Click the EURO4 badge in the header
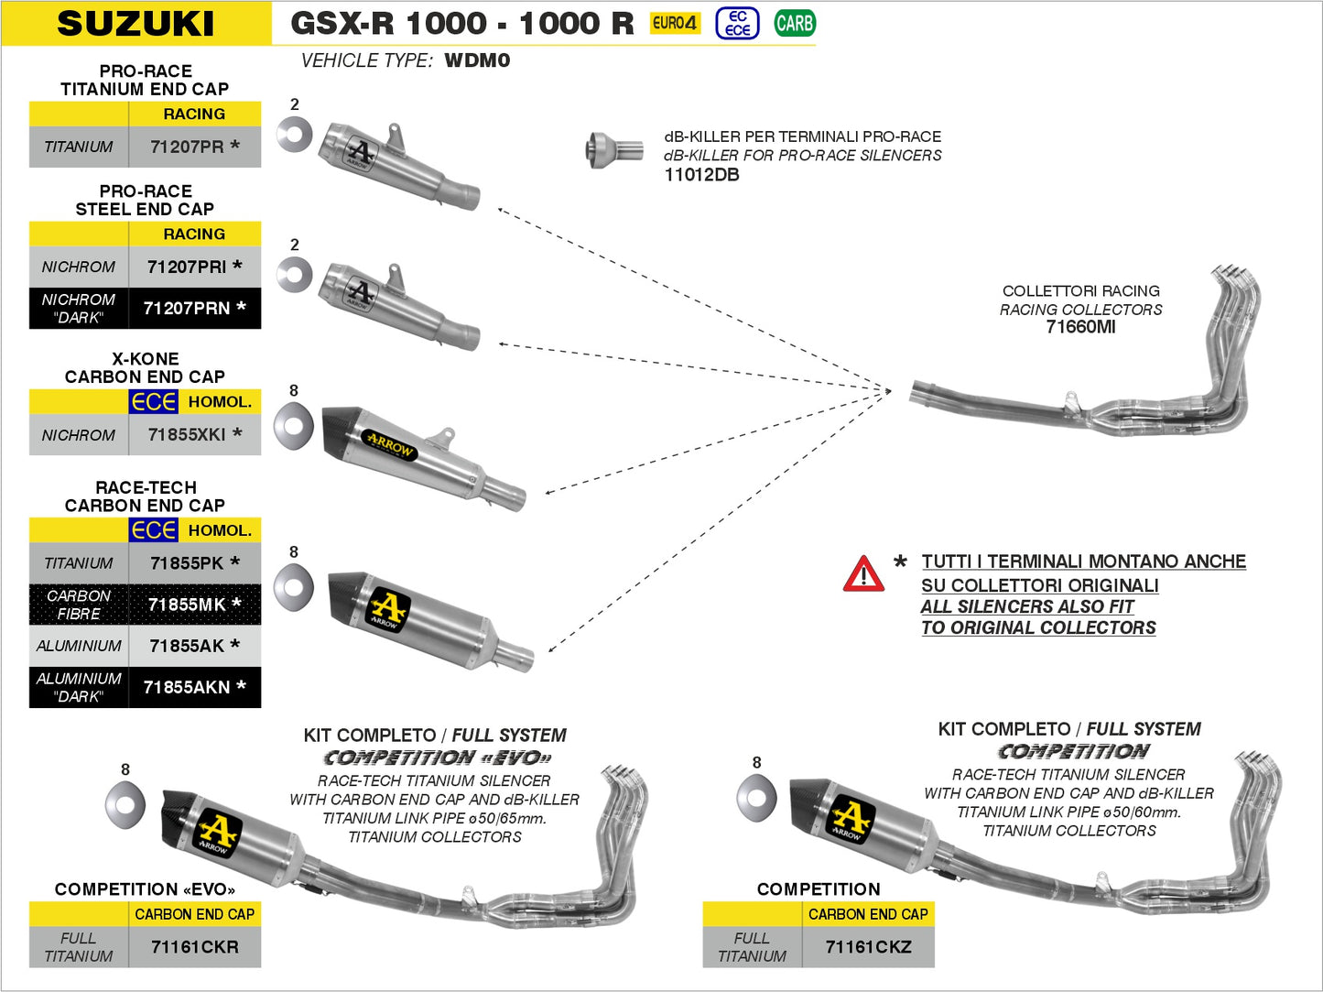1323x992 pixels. (x=675, y=24)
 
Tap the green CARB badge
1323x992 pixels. (x=794, y=24)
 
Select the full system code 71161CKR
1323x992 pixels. (x=194, y=947)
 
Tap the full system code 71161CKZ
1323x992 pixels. (x=868, y=947)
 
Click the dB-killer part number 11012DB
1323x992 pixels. (x=701, y=175)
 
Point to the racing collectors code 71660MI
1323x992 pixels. (x=1080, y=327)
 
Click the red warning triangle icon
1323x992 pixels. (x=862, y=574)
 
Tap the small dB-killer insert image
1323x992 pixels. (x=613, y=149)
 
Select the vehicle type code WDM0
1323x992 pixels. (x=477, y=60)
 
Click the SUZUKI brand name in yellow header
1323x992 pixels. (x=136, y=24)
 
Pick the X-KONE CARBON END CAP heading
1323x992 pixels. (x=145, y=367)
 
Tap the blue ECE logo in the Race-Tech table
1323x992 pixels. (x=153, y=530)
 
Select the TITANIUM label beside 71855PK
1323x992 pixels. (x=79, y=563)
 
